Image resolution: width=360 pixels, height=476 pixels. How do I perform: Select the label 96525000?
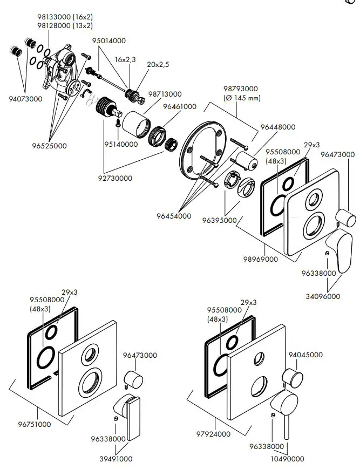click(50, 146)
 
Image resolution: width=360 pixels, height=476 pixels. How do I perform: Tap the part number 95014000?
click(108, 40)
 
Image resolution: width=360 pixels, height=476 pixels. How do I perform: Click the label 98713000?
click(165, 94)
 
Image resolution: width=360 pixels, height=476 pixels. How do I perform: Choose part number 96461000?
click(180, 107)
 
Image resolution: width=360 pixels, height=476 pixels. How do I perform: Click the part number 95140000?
click(120, 144)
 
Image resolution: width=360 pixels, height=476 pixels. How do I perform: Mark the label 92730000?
click(116, 178)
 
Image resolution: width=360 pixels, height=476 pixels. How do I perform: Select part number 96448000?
click(277, 127)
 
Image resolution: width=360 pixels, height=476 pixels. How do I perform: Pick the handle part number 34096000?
click(322, 296)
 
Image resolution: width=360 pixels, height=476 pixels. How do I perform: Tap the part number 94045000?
click(305, 355)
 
